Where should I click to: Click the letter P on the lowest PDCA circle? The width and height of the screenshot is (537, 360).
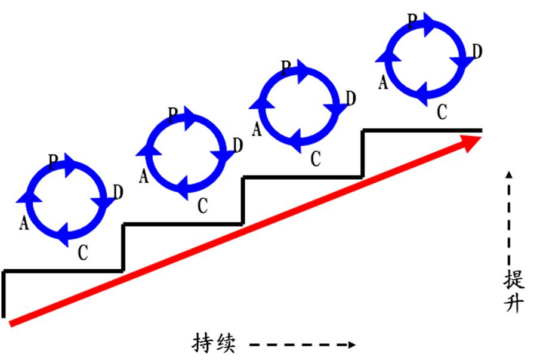53,162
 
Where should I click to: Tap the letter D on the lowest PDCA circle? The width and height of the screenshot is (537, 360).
118,192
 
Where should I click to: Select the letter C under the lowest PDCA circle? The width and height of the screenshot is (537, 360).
83,253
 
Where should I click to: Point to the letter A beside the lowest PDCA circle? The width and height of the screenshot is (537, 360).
24,223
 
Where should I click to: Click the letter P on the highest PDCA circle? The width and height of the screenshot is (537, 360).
412,21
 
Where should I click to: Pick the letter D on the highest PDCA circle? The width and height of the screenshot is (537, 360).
477,51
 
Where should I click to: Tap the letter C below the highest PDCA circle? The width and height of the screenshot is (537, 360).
442,112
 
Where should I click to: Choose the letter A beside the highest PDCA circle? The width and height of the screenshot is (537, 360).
383,82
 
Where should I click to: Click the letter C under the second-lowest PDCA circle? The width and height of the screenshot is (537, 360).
203,206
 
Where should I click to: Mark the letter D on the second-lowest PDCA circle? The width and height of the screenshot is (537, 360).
238,145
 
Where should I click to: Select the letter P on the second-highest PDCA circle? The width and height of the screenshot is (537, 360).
286,68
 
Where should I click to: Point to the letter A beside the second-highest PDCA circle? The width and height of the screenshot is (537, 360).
257,130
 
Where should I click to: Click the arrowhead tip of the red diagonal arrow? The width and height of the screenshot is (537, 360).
482,137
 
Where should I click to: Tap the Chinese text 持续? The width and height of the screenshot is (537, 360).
214,343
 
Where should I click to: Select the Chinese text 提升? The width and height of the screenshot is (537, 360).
514,291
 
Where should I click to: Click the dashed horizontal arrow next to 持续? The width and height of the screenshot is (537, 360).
303,344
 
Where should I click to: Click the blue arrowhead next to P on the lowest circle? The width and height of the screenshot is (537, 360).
71,165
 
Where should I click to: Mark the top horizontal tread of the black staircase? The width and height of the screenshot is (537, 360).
422,131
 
